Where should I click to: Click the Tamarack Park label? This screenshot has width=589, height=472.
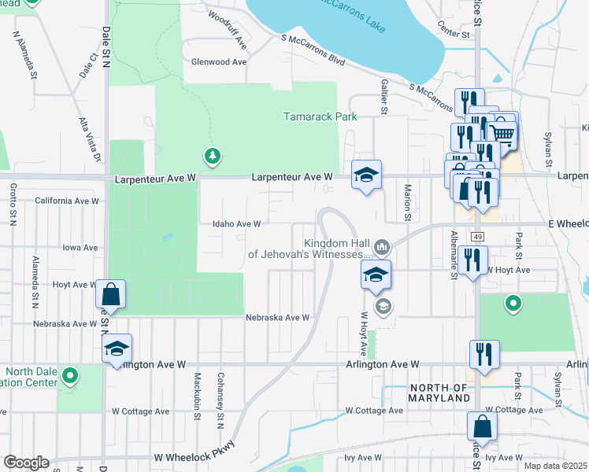click(x=320, y=117)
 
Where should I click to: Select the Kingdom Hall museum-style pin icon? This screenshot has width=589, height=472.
click(x=382, y=248)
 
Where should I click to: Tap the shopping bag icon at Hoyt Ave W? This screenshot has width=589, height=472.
click(x=111, y=295)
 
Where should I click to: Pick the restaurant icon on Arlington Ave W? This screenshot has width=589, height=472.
click(x=483, y=355)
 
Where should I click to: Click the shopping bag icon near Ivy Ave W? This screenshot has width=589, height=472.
click(x=482, y=427)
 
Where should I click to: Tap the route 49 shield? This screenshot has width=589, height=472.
click(x=478, y=237)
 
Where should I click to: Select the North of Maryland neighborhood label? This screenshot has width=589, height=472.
click(x=439, y=393)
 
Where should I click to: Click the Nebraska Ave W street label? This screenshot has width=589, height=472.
click(x=277, y=318)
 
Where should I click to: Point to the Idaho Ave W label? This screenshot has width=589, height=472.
click(x=236, y=223)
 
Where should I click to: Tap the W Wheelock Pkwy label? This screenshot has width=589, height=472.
click(x=194, y=457)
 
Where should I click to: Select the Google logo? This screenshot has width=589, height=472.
click(x=26, y=463)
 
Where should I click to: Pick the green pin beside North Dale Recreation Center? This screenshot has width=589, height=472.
click(x=70, y=377)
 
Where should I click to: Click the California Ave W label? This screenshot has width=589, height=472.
click(x=67, y=201)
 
